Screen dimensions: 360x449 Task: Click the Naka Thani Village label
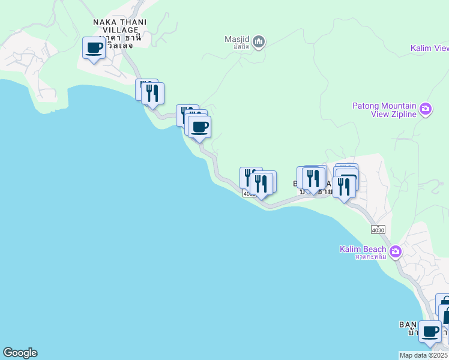(120, 27)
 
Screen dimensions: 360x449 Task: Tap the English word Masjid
(237, 40)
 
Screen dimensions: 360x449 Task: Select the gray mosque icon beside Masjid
(259, 41)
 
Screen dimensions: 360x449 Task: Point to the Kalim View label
(429, 49)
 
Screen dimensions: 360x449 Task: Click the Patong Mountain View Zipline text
(384, 110)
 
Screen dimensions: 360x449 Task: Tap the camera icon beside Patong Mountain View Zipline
(426, 109)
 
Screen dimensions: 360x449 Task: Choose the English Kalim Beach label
(363, 249)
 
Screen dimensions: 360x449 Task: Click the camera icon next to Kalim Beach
(395, 251)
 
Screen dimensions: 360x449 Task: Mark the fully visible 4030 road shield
(378, 230)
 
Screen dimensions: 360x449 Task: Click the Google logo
(20, 353)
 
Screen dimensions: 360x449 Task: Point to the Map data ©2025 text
(423, 355)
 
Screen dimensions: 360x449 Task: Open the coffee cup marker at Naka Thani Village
(94, 48)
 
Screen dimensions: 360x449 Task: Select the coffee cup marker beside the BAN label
(430, 331)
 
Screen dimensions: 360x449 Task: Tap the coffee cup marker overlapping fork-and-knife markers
(200, 127)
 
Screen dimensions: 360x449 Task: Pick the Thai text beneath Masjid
(237, 47)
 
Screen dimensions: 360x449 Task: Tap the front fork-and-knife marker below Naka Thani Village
(153, 94)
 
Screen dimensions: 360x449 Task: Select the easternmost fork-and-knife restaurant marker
(344, 187)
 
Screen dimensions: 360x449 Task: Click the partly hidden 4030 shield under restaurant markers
(247, 194)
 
